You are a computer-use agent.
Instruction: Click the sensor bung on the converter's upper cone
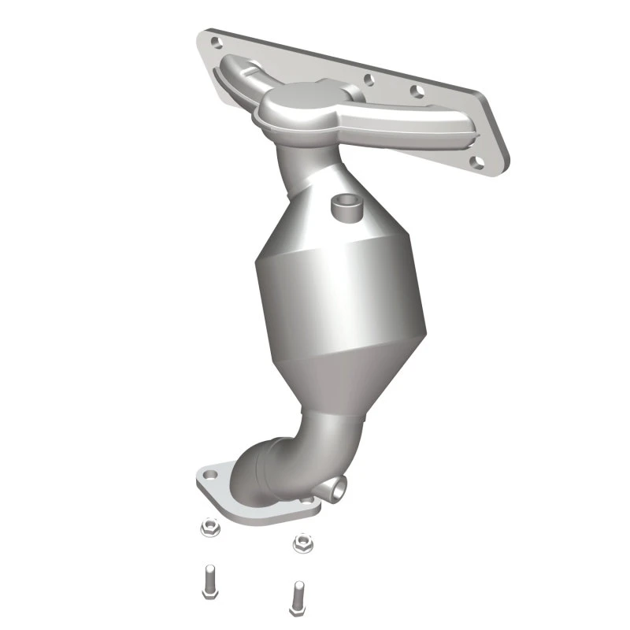[343, 206]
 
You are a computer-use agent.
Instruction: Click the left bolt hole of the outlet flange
[210, 476]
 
